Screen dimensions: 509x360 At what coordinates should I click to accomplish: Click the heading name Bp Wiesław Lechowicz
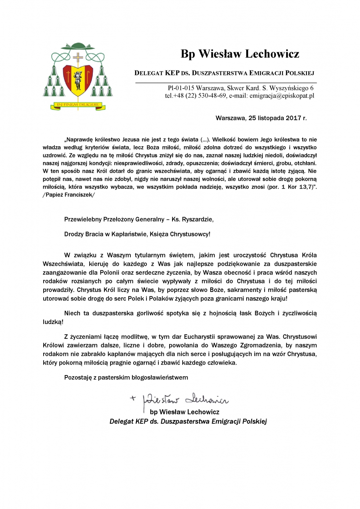point(240,54)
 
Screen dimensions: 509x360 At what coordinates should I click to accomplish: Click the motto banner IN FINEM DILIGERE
point(78,105)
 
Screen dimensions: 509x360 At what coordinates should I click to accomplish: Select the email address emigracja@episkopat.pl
point(282,96)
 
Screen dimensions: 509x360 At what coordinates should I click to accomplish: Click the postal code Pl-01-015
point(181,88)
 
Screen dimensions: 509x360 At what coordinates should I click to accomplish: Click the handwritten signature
point(185,400)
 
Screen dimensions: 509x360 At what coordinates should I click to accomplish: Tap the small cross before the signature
point(133,398)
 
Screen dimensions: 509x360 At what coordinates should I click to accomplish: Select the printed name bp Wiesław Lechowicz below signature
point(184,412)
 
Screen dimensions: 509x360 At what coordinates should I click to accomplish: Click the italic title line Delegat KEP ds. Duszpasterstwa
point(188,421)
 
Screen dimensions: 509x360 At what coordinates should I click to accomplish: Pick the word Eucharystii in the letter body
point(199,337)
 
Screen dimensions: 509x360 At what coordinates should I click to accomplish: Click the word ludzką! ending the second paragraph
point(53,322)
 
